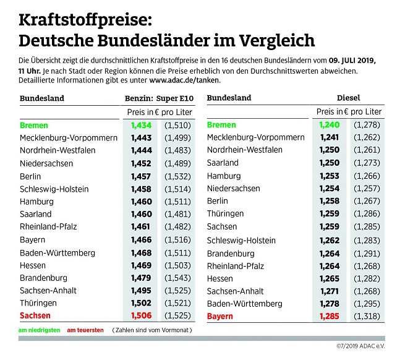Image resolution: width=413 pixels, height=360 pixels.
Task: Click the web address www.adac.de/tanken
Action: (184, 80)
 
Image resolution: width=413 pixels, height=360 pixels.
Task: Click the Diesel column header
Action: (349, 98)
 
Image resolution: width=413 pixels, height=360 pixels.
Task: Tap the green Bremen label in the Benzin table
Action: (34, 125)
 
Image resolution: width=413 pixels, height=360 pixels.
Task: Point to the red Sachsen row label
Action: (36, 315)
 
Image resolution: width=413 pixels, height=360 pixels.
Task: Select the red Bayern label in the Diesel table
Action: (220, 316)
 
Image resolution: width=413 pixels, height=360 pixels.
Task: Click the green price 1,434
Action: (141, 125)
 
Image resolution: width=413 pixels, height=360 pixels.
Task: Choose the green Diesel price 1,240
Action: (330, 125)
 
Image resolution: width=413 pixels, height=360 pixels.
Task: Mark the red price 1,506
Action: (141, 315)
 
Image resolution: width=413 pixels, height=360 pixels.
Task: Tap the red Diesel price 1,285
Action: (330, 316)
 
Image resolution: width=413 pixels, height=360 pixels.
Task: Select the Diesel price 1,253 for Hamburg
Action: (330, 176)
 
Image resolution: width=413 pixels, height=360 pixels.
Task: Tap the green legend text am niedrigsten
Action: (40, 330)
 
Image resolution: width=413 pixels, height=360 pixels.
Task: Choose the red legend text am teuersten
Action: (85, 330)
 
